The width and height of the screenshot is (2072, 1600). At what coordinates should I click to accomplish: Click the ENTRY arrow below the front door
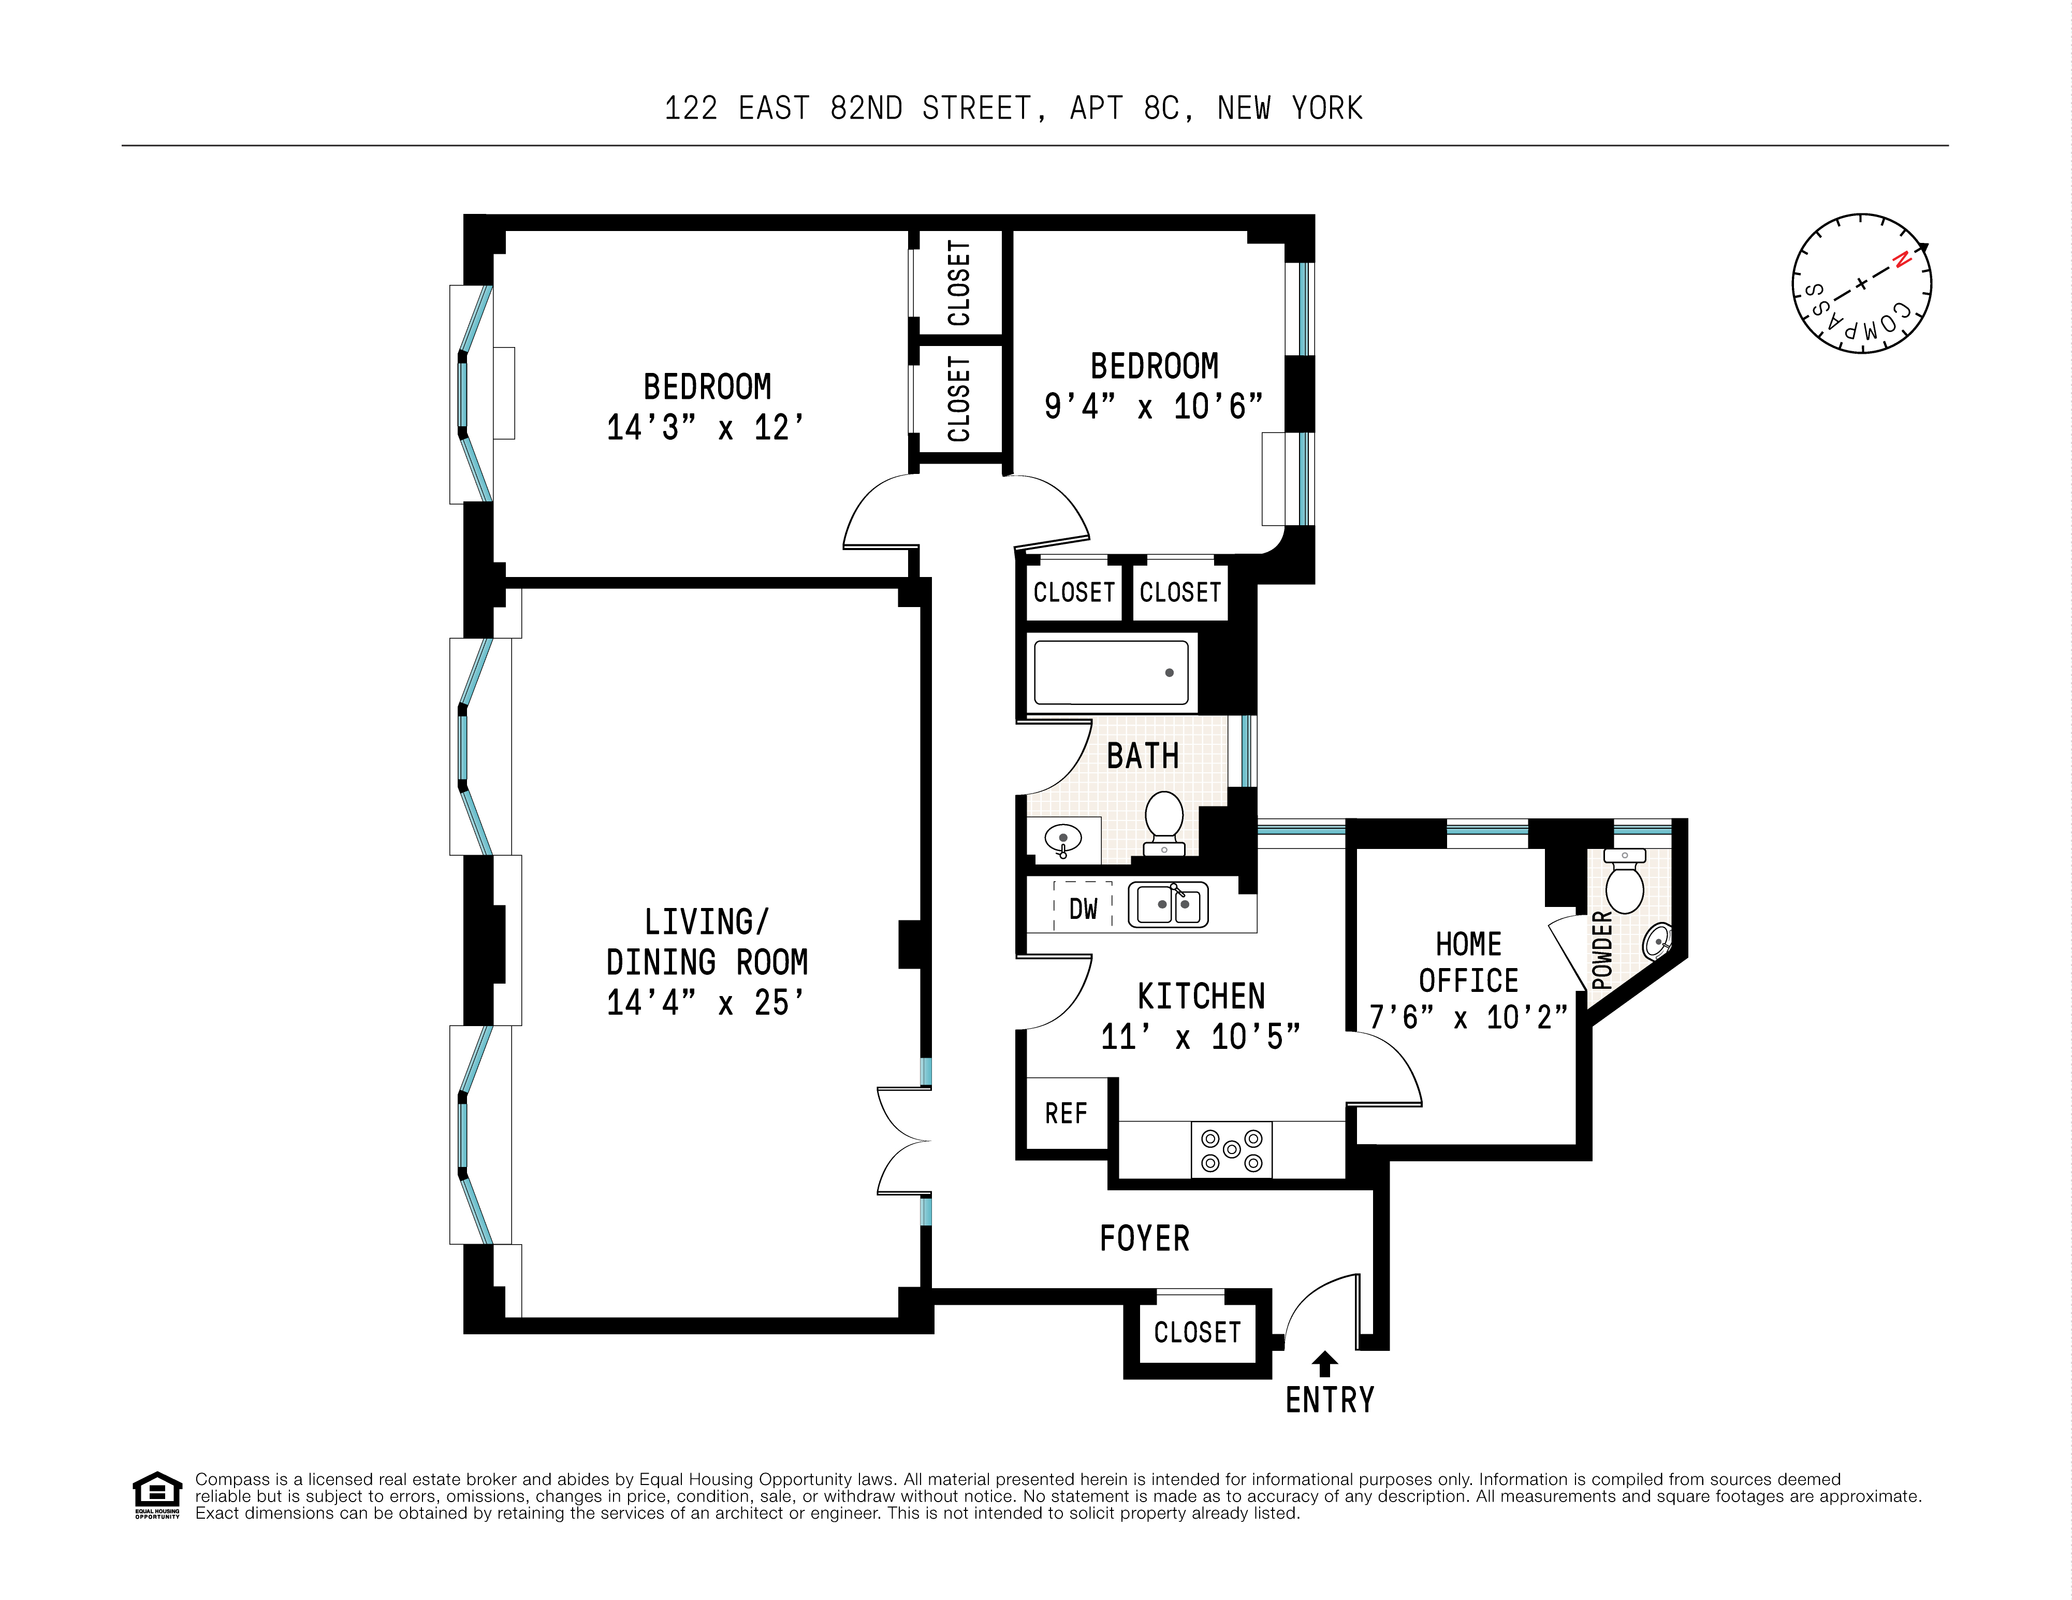pyautogui.click(x=1324, y=1364)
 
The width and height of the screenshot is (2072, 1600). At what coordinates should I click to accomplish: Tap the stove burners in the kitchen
pyautogui.click(x=1231, y=1149)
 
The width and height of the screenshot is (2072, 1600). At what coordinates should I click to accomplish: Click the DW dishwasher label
pyautogui.click(x=1083, y=909)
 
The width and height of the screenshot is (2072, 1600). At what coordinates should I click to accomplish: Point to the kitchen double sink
pyautogui.click(x=1168, y=904)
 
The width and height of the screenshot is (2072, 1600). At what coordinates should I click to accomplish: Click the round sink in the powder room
pyautogui.click(x=1656, y=941)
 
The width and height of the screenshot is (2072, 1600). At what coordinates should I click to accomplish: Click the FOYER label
pyautogui.click(x=1144, y=1238)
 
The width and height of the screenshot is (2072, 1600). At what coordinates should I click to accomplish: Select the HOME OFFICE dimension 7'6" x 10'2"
pyautogui.click(x=1468, y=1017)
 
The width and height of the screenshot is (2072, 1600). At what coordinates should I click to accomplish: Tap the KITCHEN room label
pyautogui.click(x=1201, y=997)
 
